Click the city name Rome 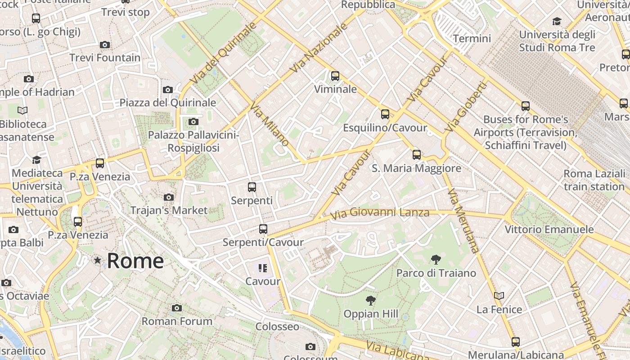coord(135,261)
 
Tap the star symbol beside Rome coord(97,260)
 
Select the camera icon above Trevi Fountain coord(105,45)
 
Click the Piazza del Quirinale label coord(167,103)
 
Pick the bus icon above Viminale coord(335,76)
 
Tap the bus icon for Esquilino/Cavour coord(385,114)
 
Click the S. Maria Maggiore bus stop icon coord(417,155)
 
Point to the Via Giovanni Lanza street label coord(380,212)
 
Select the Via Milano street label coord(269,124)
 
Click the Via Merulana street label coord(464,220)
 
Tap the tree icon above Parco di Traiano coord(436,260)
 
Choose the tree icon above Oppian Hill coord(371,300)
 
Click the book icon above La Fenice coord(499,296)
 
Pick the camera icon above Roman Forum coord(177,308)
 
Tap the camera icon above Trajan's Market coord(169,197)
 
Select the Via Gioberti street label coord(466,107)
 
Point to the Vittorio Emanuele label coord(549,229)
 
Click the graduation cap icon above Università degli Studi coord(557,21)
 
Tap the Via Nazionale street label coord(319,48)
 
